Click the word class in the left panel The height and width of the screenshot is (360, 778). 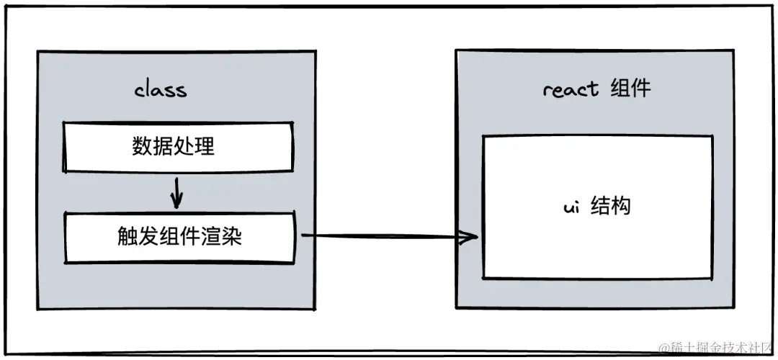[x=160, y=89]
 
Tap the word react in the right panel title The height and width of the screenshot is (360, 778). [x=571, y=89]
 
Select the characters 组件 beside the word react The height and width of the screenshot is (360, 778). [x=630, y=89]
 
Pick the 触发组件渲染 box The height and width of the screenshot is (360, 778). [x=179, y=237]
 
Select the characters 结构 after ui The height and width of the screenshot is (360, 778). [x=611, y=207]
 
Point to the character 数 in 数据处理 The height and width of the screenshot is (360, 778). [x=142, y=147]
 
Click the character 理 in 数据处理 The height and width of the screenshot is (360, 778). [x=205, y=147]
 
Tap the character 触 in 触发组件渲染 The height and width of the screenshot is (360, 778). [x=127, y=237]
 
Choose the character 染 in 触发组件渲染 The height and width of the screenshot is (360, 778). [x=231, y=237]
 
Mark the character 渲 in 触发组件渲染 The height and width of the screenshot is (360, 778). [x=210, y=237]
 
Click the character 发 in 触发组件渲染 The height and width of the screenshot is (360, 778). [x=148, y=237]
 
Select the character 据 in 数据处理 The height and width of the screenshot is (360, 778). [x=163, y=147]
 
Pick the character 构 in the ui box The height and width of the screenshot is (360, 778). [x=621, y=207]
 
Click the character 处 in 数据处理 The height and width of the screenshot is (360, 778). [x=184, y=147]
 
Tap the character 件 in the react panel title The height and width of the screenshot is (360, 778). [x=640, y=89]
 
